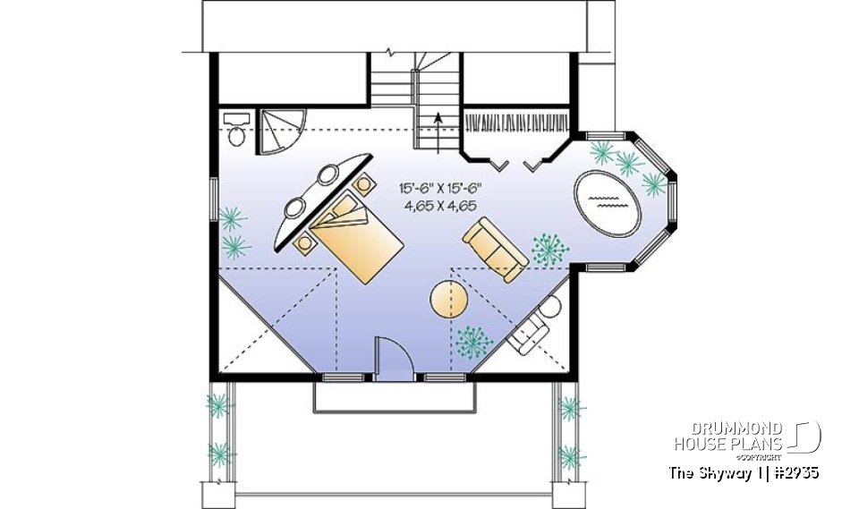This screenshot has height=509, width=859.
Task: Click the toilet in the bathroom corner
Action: click(x=237, y=131)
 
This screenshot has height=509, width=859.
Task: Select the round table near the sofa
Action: click(x=447, y=299)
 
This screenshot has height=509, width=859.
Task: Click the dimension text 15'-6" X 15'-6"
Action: click(x=441, y=189)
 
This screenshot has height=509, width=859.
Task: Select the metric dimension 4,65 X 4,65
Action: click(x=441, y=205)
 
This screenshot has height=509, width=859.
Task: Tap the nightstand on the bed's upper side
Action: click(x=363, y=184)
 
